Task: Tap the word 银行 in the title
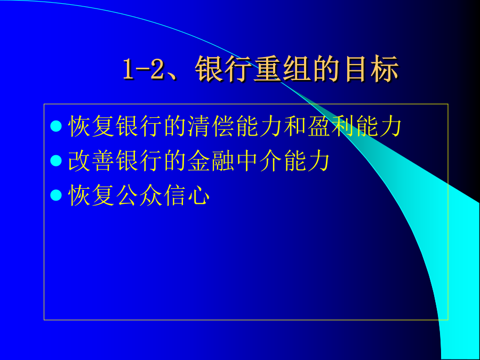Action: tap(224, 69)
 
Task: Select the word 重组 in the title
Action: tap(282, 69)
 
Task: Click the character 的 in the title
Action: tap(326, 69)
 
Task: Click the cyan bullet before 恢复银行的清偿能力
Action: tap(56, 126)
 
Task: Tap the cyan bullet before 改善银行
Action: tap(56, 161)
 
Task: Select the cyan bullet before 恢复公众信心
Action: tap(56, 195)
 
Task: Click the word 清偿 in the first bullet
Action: tap(199, 126)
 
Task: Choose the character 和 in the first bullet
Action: tap(295, 126)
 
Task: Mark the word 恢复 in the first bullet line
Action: tap(91, 126)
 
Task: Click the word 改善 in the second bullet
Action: tap(91, 161)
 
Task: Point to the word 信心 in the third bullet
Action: tap(187, 195)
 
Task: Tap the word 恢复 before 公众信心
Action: tap(91, 195)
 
